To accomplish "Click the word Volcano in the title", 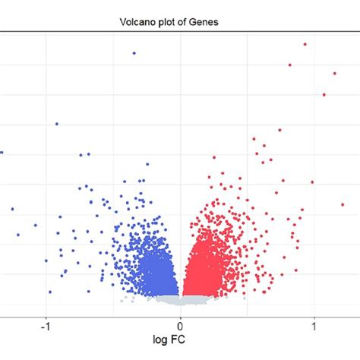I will click(x=134, y=22).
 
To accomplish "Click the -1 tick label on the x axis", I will click(x=45, y=322).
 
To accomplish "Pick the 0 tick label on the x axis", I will click(x=180, y=322).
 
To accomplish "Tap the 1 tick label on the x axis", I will click(x=314, y=322).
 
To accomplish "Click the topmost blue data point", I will click(x=134, y=53).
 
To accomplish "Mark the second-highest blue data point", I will click(x=56, y=124).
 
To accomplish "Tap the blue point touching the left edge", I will click(x=2, y=152).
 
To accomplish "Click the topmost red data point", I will click(x=305, y=44).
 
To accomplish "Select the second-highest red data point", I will click(x=290, y=65).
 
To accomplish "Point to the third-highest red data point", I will click(x=334, y=74).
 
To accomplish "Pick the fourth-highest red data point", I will click(x=324, y=95).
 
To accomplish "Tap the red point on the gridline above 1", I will click(x=312, y=182).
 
